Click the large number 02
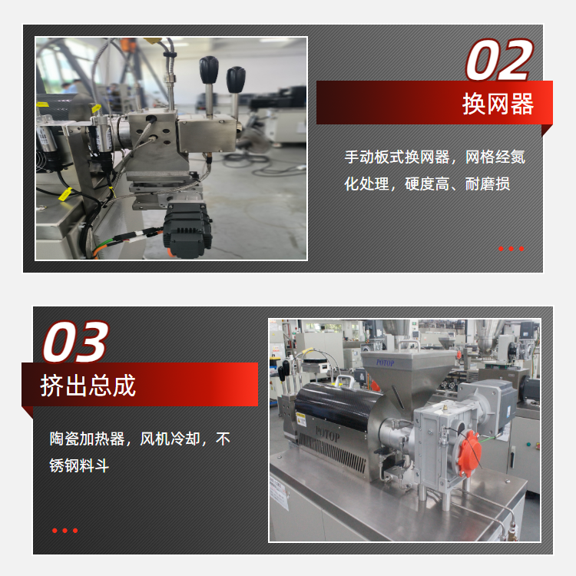point(499,59)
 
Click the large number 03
point(76,342)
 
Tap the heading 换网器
point(498,104)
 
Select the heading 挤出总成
point(88,386)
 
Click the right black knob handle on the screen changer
point(236,79)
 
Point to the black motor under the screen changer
point(187,230)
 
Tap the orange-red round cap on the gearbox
point(470,453)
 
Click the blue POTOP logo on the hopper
point(385,363)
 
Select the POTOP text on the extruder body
point(327,435)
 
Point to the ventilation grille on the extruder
point(332,452)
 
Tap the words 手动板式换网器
point(397,157)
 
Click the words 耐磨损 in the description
point(488,184)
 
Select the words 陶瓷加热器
point(87,439)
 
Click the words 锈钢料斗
point(79,465)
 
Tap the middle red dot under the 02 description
point(511,249)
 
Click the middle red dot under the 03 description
point(65,531)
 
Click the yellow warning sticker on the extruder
point(301,419)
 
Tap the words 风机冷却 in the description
point(170,439)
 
